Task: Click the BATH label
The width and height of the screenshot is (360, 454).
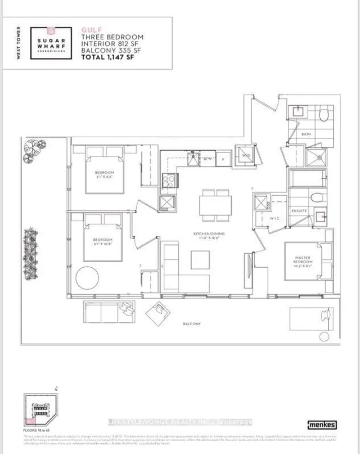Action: (305, 134)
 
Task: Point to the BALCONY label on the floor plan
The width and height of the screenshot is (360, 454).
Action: (192, 324)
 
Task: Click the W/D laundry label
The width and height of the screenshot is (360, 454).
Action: (246, 156)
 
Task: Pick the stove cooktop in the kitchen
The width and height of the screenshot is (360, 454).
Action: (169, 181)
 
